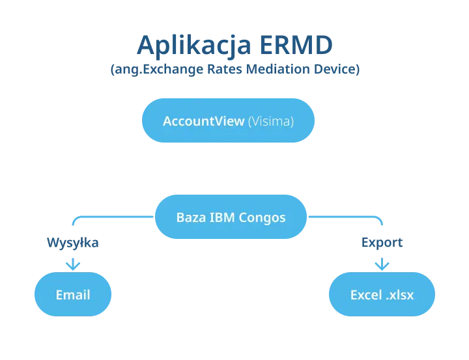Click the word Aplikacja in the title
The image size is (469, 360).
193,46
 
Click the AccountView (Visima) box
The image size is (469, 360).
228,121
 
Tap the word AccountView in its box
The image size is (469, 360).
204,121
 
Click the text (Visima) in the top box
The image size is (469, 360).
271,121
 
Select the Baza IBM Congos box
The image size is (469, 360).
231,217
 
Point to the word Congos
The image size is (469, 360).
262,217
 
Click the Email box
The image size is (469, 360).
73,295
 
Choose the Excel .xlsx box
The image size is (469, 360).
382,295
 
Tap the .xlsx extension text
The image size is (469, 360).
399,295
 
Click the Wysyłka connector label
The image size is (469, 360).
73,243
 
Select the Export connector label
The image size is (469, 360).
382,243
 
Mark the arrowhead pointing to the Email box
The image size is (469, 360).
73,264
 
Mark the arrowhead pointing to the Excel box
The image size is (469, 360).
382,264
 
